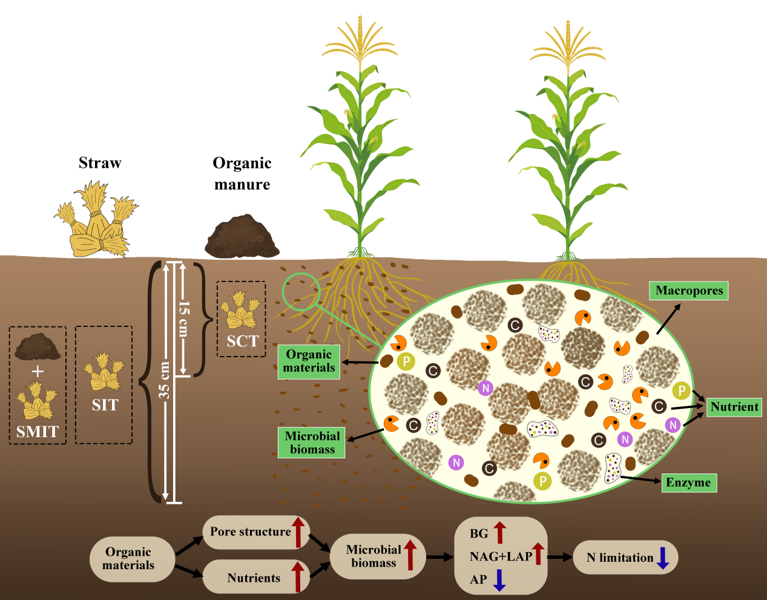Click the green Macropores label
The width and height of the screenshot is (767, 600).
tap(689, 291)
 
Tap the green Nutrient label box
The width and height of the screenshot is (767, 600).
tap(734, 407)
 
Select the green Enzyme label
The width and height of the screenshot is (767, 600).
tap(688, 483)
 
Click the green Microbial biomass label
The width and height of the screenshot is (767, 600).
tap(312, 443)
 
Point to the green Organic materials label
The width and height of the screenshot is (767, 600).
tap(309, 361)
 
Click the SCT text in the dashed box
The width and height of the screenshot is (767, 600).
tap(242, 341)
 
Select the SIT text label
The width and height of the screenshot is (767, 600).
tap(105, 405)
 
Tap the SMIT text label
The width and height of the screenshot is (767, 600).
tap(38, 432)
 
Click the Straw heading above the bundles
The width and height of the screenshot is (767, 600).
tap(100, 163)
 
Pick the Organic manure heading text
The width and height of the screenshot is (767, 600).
tap(242, 174)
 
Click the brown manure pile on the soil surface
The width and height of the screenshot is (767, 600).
tap(242, 237)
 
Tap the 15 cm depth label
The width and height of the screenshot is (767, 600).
tap(183, 318)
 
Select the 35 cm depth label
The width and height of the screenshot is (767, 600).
tap(164, 381)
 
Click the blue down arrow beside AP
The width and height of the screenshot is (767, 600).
tap(499, 579)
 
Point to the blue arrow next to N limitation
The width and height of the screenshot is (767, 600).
tap(663, 558)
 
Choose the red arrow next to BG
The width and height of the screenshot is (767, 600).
tap(499, 532)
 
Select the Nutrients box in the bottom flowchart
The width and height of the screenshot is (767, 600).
tap(254, 578)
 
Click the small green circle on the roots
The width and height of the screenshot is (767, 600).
tap(300, 292)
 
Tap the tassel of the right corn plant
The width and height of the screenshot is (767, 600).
tap(568, 45)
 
